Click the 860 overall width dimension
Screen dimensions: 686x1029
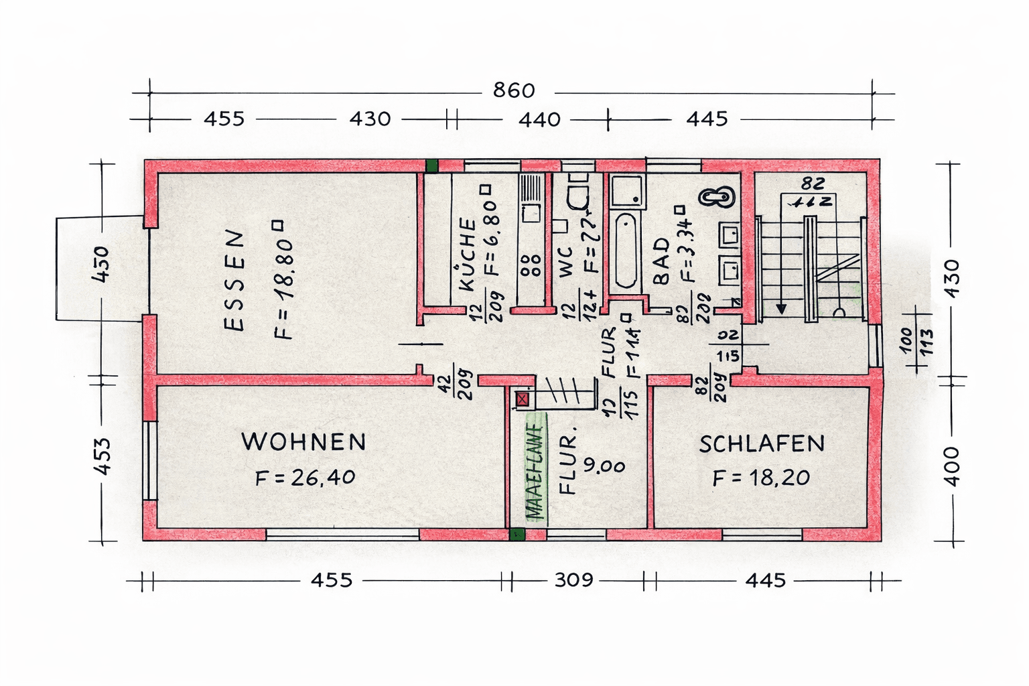pos(514,90)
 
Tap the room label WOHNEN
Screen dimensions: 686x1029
pos(303,442)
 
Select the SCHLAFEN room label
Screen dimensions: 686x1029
pos(762,444)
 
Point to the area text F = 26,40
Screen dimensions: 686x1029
pos(305,478)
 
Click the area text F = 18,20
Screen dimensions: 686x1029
pos(761,478)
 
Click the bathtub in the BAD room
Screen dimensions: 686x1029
pos(626,251)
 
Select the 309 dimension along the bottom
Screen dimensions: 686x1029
pos(573,579)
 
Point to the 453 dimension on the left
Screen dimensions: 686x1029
pos(102,456)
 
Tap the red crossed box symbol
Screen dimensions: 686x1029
pos(523,400)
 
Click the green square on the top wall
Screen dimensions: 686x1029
pos(431,165)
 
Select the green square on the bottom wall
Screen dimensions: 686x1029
pos(517,534)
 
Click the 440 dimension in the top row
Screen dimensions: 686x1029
pos(539,119)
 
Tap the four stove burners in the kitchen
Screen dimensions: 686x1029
pos(531,265)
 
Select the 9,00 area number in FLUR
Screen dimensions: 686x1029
pos(604,465)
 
